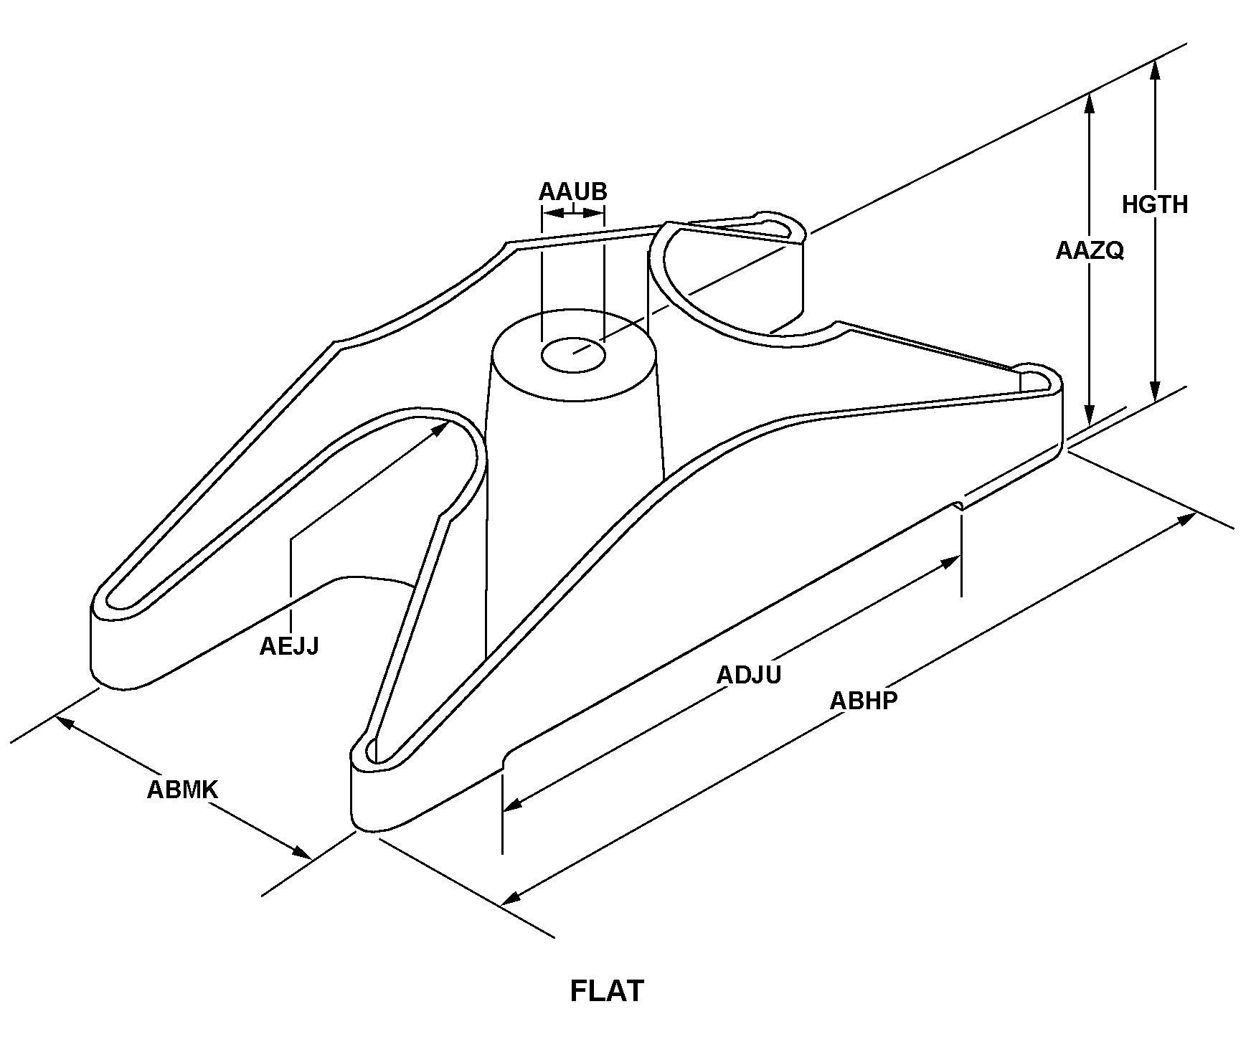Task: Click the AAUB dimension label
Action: coord(572,192)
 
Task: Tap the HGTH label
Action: coord(1155,205)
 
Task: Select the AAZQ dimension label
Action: coord(1089,250)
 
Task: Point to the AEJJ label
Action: coord(288,646)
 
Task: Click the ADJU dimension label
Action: coord(749,675)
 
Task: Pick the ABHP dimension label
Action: coord(864,700)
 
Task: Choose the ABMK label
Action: coord(182,790)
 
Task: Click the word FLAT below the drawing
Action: coord(607,991)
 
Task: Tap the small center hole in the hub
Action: coord(573,355)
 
